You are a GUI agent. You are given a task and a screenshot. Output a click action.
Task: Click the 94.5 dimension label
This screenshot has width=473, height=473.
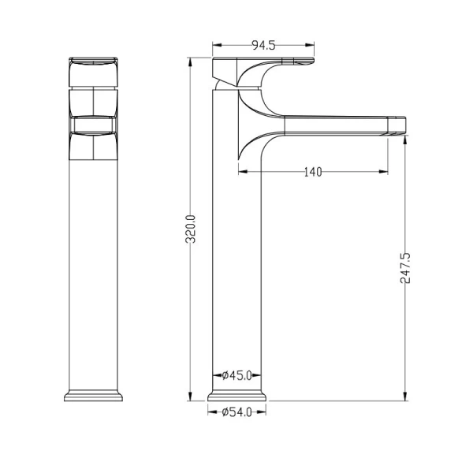263,45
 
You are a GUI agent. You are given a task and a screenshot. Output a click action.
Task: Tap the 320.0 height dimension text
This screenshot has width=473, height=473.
191,229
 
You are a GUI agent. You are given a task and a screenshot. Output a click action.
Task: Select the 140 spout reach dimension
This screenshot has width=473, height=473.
313,172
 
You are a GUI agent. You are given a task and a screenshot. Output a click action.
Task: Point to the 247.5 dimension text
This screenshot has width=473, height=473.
405,268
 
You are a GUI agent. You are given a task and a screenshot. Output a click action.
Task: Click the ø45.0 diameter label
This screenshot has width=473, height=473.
236,375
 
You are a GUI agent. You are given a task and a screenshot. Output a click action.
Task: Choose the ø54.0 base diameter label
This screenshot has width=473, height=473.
236,412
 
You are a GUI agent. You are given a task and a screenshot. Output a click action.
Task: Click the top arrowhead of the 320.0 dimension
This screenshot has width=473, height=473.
190,62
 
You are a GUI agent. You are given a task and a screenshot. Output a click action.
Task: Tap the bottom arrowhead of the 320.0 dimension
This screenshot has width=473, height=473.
190,396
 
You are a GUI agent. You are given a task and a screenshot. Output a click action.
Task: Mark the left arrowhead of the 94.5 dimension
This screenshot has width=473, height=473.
218,45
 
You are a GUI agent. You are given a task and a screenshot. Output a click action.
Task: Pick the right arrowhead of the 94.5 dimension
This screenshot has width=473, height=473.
310,45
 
